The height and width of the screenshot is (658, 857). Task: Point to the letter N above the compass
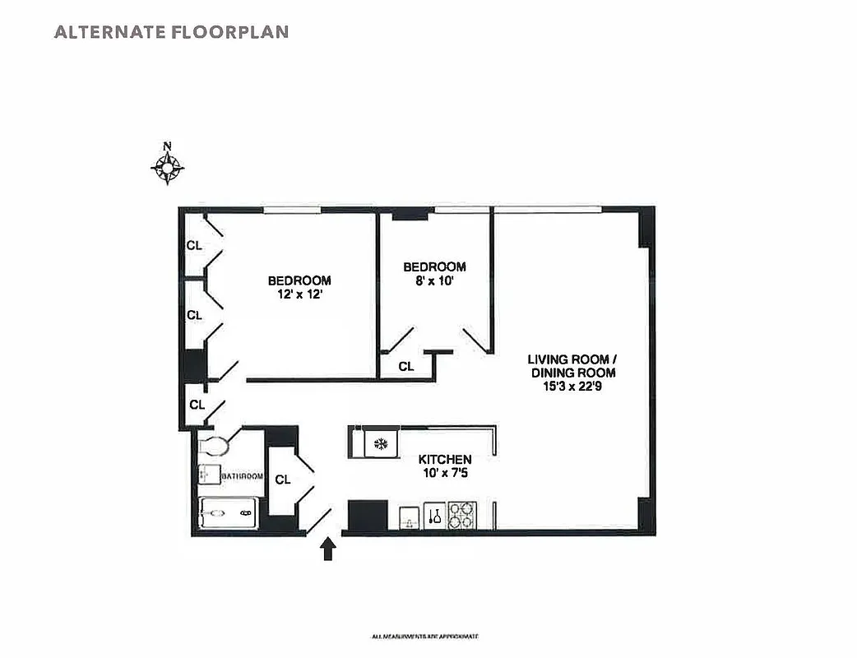coord(168,147)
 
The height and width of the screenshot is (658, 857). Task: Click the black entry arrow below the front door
coord(327,549)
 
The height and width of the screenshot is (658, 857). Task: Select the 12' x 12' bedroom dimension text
coord(299,294)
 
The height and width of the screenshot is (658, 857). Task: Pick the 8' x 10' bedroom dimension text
coord(434,281)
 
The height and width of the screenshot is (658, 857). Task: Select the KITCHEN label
coord(445,459)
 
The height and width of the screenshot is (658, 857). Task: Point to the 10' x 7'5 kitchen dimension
coord(445,473)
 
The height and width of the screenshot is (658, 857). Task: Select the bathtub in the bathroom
coord(229,514)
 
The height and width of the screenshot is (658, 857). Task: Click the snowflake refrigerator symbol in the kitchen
coord(380,444)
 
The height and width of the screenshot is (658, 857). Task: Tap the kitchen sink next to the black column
coord(410,517)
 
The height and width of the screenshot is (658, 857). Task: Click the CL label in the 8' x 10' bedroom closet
coord(406,367)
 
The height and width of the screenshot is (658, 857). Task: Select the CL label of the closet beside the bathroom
coord(282,480)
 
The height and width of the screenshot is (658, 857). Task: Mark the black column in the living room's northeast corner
coord(646,228)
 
